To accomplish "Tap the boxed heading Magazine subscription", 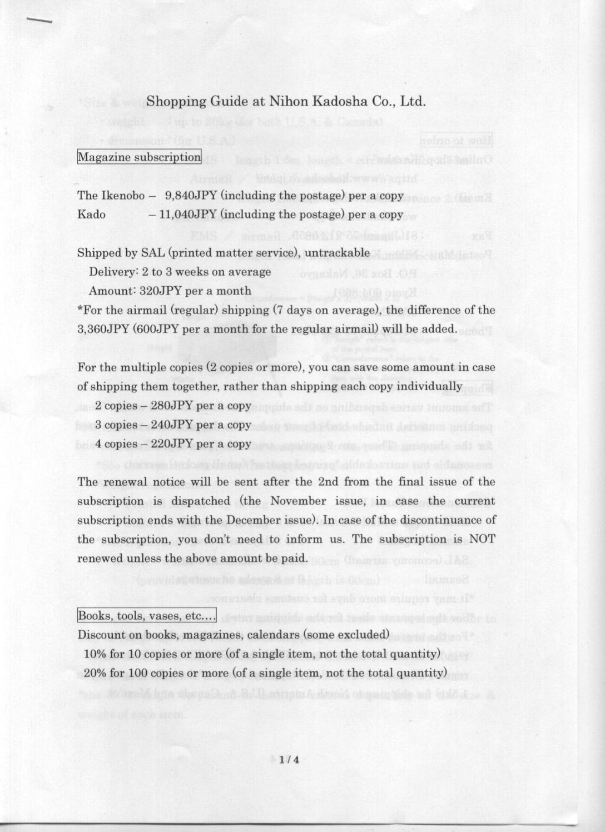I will (x=139, y=157).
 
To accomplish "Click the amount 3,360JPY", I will (x=103, y=329).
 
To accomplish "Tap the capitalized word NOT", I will (x=482, y=539).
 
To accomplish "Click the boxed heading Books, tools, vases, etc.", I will (x=146, y=616).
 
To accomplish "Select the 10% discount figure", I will (x=95, y=654).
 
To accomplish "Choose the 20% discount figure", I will (x=95, y=674).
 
